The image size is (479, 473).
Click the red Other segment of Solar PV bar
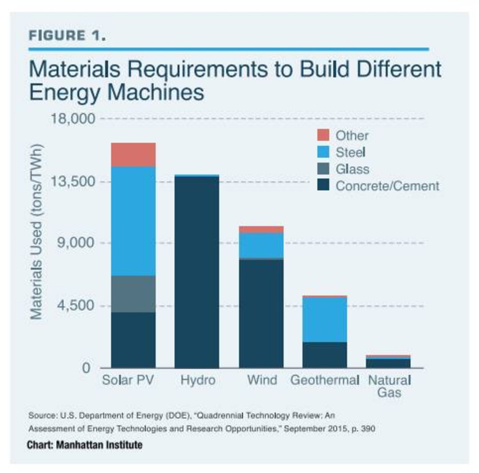133,154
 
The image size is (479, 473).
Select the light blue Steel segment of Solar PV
133,221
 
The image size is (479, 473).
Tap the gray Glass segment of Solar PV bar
133,294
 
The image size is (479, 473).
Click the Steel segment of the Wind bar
261,245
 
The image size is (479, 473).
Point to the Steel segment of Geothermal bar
325,319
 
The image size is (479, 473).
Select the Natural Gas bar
388,362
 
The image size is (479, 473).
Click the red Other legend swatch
324,135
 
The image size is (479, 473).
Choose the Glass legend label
352,169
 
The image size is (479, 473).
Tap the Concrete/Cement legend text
387,186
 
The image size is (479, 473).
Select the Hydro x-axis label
198,380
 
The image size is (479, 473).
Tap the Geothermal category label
325,380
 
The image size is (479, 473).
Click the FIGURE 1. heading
67,36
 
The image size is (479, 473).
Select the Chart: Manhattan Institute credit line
85,445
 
